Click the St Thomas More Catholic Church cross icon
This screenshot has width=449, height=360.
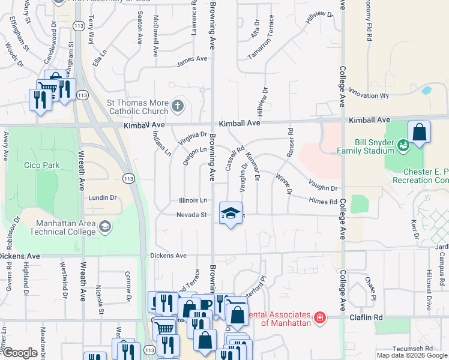177,107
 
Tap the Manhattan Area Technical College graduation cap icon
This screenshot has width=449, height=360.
105,226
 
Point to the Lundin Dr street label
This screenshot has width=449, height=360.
102,197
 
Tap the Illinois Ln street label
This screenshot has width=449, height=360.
193,200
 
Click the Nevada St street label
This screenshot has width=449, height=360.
191,215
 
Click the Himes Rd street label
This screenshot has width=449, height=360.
323,202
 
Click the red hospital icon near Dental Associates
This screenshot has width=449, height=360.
320,316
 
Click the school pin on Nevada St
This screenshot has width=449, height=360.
231,213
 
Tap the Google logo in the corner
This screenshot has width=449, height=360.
19,353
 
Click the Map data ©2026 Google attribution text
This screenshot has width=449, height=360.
411,355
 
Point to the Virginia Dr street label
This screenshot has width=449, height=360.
192,139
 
